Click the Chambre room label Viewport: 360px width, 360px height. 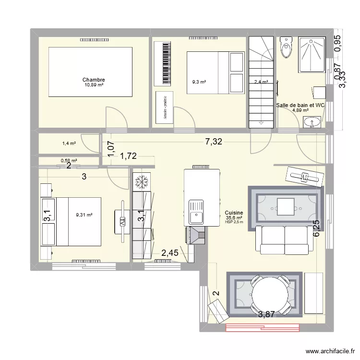coord(94,80)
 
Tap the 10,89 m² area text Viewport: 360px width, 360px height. coord(94,85)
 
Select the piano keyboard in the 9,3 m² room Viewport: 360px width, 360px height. coord(163,62)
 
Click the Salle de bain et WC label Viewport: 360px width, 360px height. coord(300,105)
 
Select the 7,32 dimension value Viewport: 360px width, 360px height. coord(214,141)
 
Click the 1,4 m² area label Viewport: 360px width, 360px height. coord(70,143)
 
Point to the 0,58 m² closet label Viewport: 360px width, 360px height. coord(69,161)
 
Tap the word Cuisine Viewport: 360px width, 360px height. coord(234,213)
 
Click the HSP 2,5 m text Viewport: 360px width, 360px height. coord(234,222)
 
